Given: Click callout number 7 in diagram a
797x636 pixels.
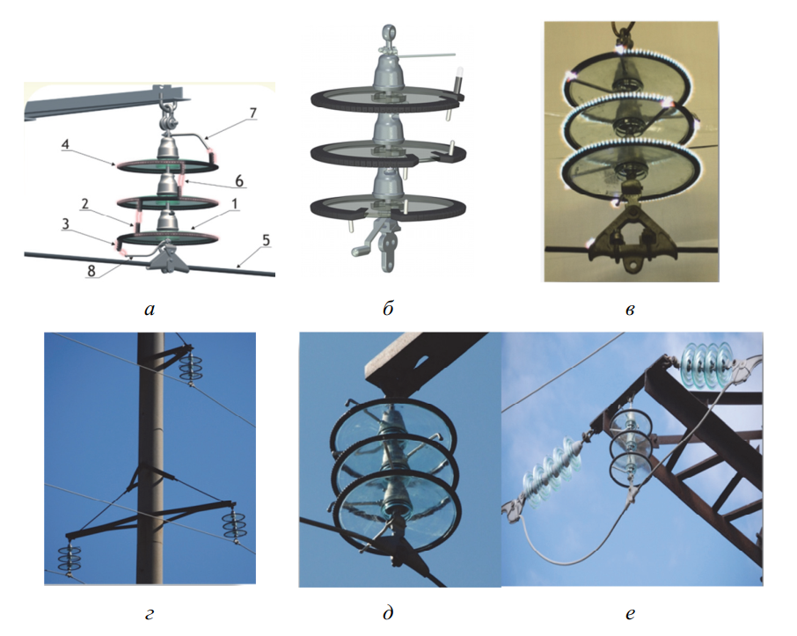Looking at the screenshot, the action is [x=252, y=113].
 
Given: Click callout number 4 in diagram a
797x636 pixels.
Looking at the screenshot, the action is [x=65, y=145].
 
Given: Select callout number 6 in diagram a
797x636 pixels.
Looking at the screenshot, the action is [x=239, y=180].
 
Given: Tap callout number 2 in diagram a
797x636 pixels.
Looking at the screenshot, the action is [x=84, y=204].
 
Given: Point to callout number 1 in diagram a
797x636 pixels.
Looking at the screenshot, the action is [x=234, y=204].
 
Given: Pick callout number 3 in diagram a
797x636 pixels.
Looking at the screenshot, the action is [x=65, y=224].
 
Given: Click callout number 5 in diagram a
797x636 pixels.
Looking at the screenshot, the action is [x=266, y=240].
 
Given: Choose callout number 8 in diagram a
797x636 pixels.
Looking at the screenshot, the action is [x=91, y=270].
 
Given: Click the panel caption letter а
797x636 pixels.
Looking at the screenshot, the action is [x=150, y=309].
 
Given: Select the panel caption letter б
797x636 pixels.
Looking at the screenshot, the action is [x=388, y=308].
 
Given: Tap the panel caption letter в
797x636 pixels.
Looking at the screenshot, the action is [x=630, y=309].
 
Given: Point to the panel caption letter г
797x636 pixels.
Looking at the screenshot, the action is [x=149, y=614].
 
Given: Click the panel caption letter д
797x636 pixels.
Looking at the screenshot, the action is [x=388, y=613].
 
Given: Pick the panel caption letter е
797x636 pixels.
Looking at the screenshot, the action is [x=630, y=614].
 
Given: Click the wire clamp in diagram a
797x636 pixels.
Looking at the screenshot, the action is [x=167, y=259].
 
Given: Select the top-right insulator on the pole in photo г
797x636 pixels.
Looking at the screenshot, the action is [x=191, y=367].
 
